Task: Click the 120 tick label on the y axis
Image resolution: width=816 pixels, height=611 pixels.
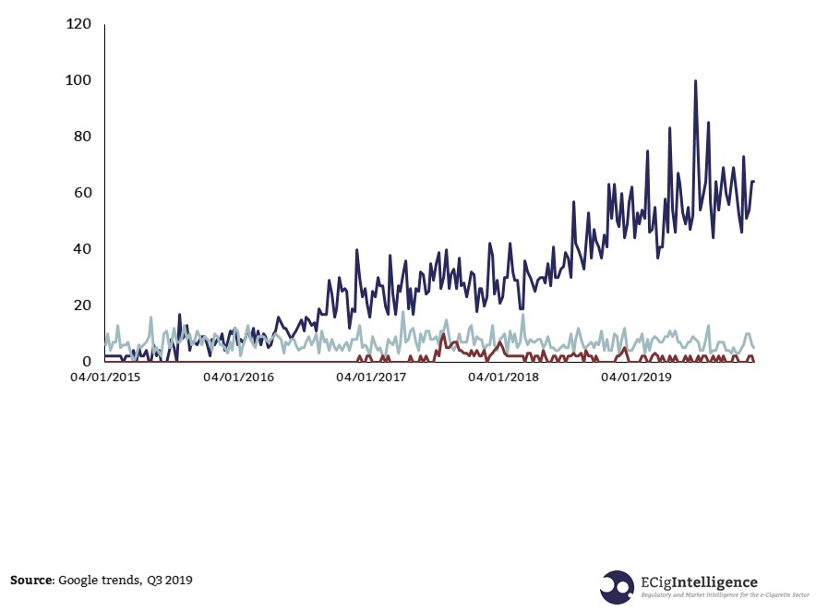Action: (x=79, y=24)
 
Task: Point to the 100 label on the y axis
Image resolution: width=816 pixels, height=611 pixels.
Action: (x=79, y=80)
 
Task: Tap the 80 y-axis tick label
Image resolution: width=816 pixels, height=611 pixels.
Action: (x=83, y=137)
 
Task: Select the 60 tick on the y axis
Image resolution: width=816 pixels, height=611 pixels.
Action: (x=83, y=193)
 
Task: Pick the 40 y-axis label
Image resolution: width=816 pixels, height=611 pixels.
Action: (x=83, y=249)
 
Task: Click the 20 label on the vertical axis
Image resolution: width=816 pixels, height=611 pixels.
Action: (x=83, y=305)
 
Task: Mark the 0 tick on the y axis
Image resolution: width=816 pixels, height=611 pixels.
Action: (x=87, y=362)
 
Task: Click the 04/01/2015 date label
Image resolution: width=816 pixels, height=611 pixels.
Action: (x=106, y=377)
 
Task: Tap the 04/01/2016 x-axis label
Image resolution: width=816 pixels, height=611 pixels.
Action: (x=239, y=377)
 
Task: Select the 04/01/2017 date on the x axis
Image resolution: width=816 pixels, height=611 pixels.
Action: (x=372, y=377)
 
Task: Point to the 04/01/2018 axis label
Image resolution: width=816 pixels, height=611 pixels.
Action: (x=504, y=377)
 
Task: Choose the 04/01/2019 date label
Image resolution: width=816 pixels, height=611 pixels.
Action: (x=637, y=377)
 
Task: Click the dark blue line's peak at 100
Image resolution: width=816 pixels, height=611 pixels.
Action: (x=695, y=81)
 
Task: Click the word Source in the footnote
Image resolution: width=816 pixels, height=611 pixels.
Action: (x=31, y=580)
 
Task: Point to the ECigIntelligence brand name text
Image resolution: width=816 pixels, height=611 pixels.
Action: (x=699, y=582)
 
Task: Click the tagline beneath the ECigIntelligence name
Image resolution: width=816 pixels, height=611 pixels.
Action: (x=725, y=596)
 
